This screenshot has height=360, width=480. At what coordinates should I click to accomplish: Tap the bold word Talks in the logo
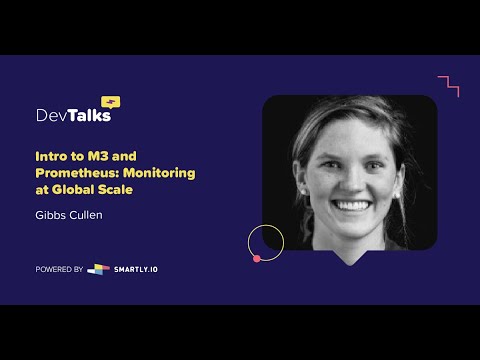(x=89, y=115)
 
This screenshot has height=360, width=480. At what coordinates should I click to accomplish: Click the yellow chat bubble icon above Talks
(x=111, y=101)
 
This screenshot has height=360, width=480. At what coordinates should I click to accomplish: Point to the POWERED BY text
(x=59, y=269)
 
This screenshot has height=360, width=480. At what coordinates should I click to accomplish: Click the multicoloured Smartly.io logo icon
(x=98, y=269)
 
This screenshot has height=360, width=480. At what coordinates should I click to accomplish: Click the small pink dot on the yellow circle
(x=257, y=259)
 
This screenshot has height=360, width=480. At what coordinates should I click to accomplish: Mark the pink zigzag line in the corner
(x=449, y=85)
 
